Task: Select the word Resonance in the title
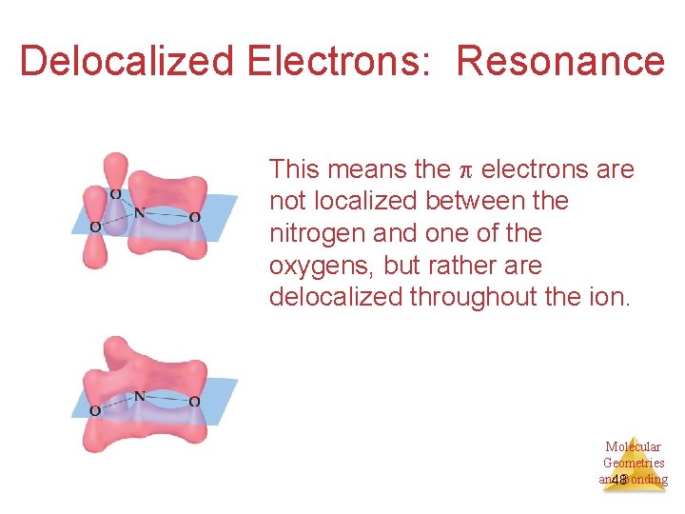pyautogui.click(x=560, y=61)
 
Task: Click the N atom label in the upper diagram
pyautogui.click(x=139, y=213)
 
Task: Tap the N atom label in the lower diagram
pyautogui.click(x=139, y=396)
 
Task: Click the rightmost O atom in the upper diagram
pyautogui.click(x=194, y=217)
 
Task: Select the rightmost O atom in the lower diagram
pyautogui.click(x=194, y=401)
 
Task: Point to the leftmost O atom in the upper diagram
pyautogui.click(x=94, y=227)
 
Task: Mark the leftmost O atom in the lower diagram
pyautogui.click(x=94, y=410)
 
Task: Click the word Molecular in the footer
pyautogui.click(x=633, y=446)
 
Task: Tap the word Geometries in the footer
pyautogui.click(x=634, y=463)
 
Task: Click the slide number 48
pyautogui.click(x=619, y=480)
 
